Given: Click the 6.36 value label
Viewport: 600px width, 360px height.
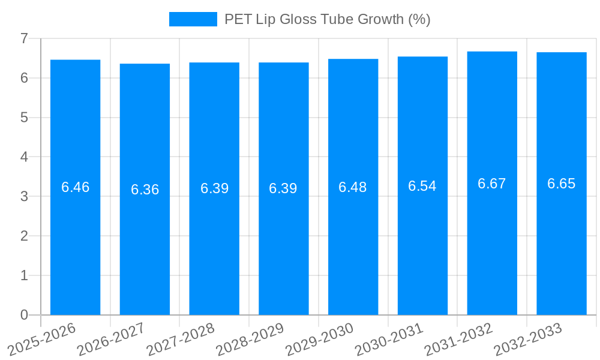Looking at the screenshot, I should tap(145, 190).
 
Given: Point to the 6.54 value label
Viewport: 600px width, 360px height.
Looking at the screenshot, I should tap(422, 186).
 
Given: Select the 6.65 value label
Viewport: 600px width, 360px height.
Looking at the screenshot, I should tap(561, 184).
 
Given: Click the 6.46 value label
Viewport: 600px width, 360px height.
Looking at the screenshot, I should tap(75, 187).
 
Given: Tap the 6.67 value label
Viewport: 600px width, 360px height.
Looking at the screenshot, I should tap(492, 184).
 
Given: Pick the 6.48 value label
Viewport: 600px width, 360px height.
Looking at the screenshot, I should tap(353, 187).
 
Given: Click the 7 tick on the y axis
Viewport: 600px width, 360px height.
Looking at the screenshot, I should tap(24, 38).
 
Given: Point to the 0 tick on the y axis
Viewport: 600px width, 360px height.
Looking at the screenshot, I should tap(24, 315).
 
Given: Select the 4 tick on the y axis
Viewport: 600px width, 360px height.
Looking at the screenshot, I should tap(24, 157).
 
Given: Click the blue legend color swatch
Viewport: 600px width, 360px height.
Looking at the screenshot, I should tap(193, 19).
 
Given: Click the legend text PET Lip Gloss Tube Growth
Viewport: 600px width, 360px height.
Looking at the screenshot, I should tap(327, 19).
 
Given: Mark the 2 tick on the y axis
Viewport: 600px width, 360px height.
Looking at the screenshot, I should tap(24, 236).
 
